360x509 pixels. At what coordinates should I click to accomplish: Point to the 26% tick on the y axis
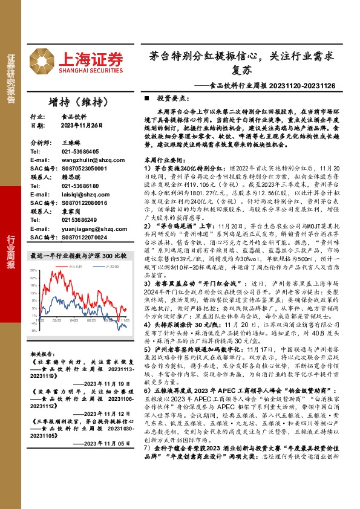pyautogui.click(x=34, y=271)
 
